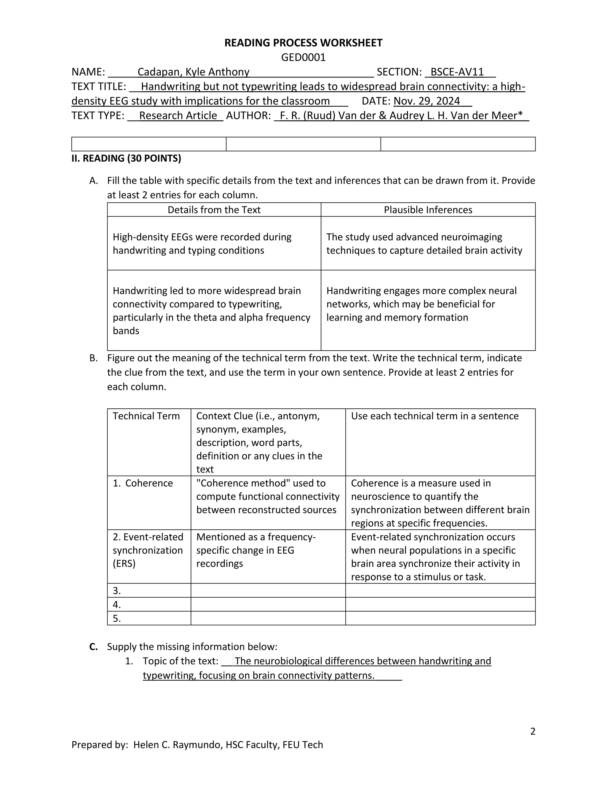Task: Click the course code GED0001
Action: coord(303,57)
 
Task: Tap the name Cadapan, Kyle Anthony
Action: coord(193,72)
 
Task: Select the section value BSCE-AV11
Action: coord(457,72)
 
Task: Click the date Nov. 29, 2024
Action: coord(427,101)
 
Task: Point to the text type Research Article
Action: coord(178,115)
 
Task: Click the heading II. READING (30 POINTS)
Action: coord(126,158)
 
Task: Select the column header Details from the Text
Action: coord(214,210)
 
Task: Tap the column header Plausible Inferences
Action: coord(428,210)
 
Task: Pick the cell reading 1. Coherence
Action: coord(143,483)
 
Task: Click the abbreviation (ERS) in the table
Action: coord(124,563)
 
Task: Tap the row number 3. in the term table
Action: coord(117,591)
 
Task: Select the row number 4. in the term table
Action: coord(117,604)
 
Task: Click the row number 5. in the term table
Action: coord(117,618)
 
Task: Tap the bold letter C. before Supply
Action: coord(93,647)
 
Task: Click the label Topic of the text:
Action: coord(180,661)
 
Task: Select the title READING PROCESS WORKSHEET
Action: coord(303,43)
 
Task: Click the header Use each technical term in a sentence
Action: coord(435,416)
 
